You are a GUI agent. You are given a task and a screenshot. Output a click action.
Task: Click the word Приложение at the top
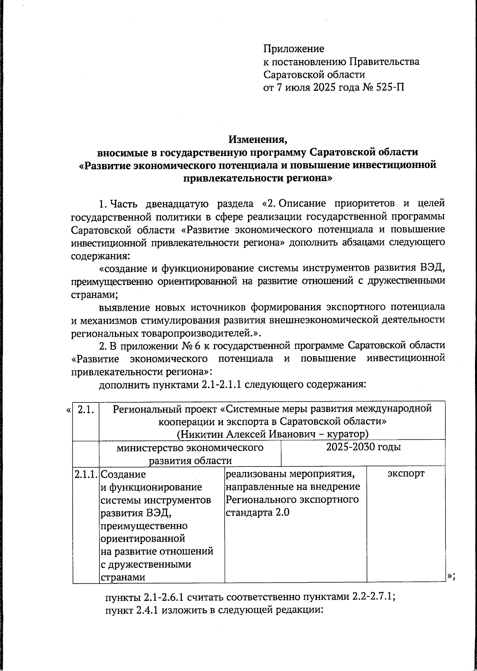click(x=294, y=49)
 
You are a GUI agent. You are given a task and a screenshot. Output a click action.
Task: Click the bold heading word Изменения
click(x=257, y=140)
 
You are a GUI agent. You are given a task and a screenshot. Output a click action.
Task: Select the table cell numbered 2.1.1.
click(x=85, y=474)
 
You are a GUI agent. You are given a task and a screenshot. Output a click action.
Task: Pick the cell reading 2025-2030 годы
click(x=363, y=447)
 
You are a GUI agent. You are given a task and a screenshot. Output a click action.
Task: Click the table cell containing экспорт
click(x=405, y=474)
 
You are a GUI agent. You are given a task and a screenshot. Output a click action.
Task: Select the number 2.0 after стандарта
click(x=282, y=513)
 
